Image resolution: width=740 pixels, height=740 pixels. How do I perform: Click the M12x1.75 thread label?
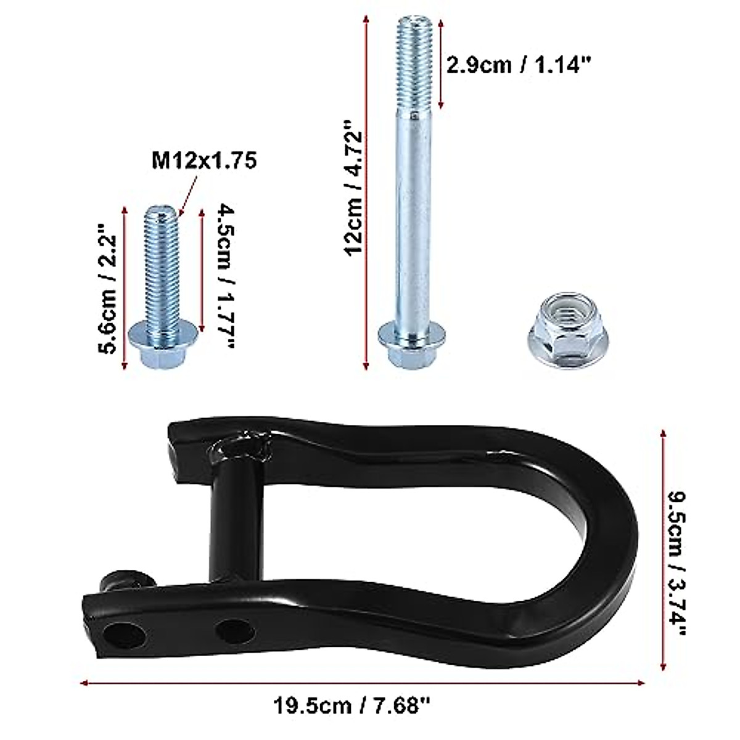point(203,161)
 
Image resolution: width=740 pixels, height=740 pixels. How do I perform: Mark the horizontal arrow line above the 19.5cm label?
point(364,683)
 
